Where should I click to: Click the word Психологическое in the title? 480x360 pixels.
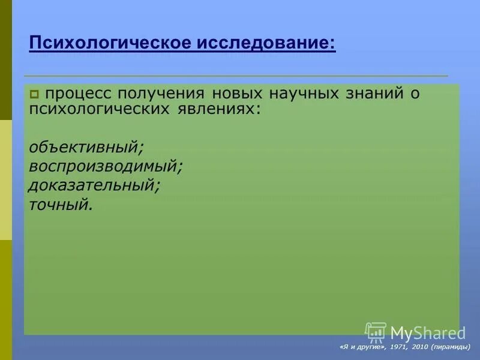[x=109, y=44]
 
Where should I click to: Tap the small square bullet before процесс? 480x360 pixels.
[x=34, y=94]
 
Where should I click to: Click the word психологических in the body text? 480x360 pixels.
[x=97, y=110]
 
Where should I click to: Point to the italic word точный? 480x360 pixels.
[x=60, y=205]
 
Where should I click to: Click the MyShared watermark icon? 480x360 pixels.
[x=376, y=332]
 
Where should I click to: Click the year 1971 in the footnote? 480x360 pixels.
[x=397, y=347]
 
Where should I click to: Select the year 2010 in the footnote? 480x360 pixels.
[x=419, y=347]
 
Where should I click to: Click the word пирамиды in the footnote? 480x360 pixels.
[x=451, y=347]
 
